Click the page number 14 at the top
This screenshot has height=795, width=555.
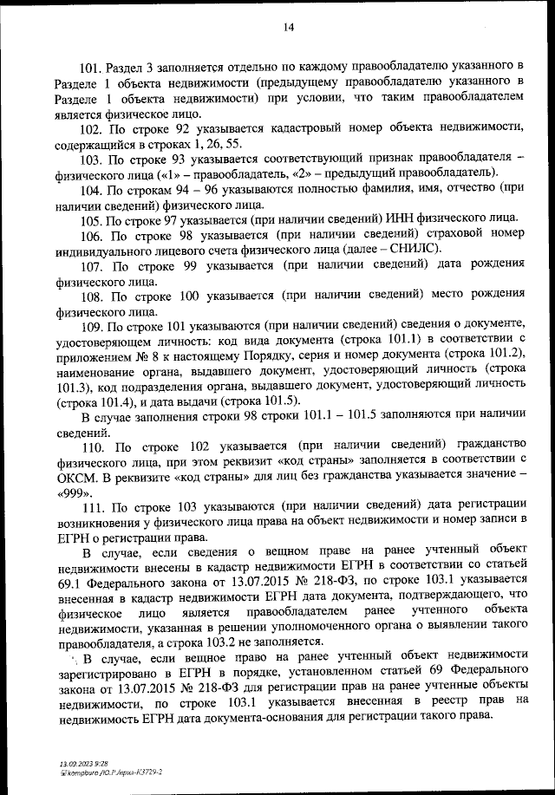(289, 28)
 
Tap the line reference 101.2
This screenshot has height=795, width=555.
(495, 355)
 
